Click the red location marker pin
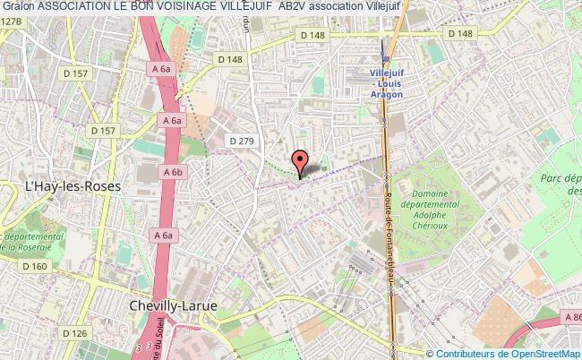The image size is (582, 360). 301,161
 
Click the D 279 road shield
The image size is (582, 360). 242,141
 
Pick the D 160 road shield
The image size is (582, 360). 35,266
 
